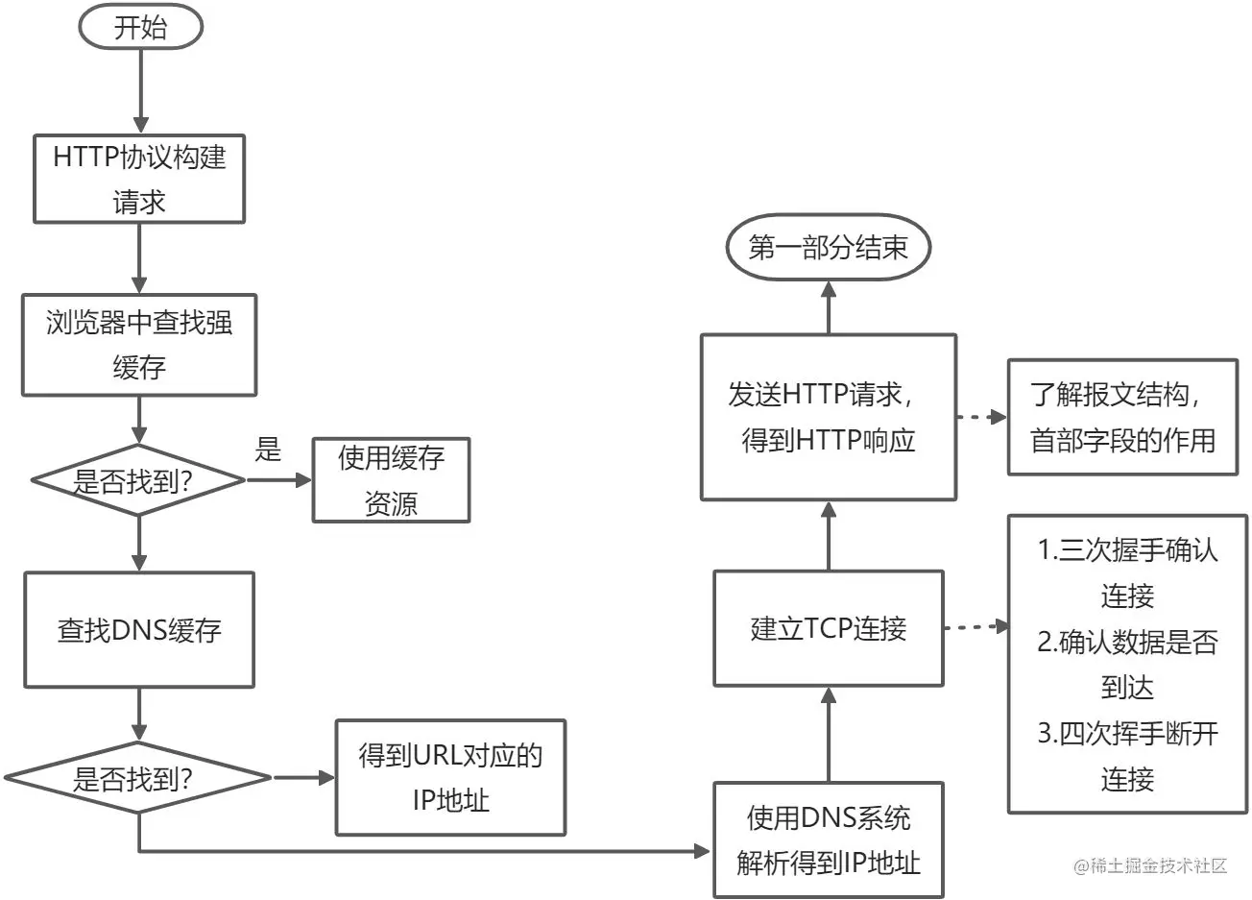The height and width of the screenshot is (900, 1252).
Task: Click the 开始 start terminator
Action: coord(140,28)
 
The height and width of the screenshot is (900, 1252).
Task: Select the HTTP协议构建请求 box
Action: coord(140,179)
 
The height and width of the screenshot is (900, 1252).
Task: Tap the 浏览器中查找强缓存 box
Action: coord(140,345)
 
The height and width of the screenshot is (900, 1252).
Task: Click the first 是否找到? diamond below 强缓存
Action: coord(140,480)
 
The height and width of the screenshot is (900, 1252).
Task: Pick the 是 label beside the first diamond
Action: coord(268,450)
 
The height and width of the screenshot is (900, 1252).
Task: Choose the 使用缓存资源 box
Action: coord(391,480)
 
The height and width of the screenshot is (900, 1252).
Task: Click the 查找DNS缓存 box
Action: coord(140,630)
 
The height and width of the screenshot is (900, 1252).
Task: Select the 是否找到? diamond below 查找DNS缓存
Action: coord(140,778)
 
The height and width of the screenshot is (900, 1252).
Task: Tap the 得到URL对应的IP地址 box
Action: coord(450,777)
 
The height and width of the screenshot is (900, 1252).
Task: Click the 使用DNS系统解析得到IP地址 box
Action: coord(828,840)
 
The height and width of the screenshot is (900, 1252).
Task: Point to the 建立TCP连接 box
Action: coord(828,628)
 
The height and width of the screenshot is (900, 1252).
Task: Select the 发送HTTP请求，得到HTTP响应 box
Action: coord(828,417)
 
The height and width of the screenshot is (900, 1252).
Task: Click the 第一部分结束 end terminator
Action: coord(828,249)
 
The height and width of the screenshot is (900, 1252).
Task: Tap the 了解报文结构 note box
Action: coord(1121,417)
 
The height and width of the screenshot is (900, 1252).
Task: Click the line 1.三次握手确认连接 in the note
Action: coord(1128,573)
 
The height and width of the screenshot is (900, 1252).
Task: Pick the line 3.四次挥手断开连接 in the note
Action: coord(1128,756)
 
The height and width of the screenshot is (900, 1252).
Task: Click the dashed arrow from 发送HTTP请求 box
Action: coord(980,417)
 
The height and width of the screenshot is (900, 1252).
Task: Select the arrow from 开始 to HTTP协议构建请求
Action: coord(140,91)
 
